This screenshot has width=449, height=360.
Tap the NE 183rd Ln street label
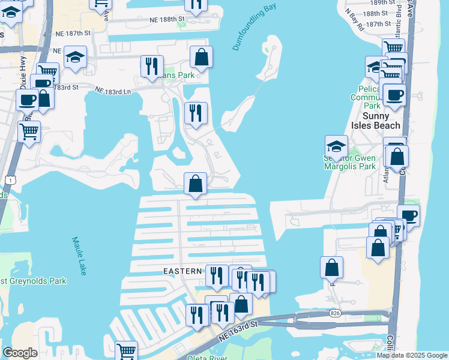113,90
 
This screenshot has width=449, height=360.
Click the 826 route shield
334,313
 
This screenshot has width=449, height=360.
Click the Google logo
20,353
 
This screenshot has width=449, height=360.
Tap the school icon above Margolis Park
336,146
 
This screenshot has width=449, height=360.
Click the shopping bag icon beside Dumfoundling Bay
202,58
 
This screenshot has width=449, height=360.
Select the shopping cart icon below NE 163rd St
125,351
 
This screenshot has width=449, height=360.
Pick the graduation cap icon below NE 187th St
75,57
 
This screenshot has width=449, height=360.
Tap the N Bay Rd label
354,20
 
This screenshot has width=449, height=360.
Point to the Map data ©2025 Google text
412,355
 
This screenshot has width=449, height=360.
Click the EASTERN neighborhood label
182,271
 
